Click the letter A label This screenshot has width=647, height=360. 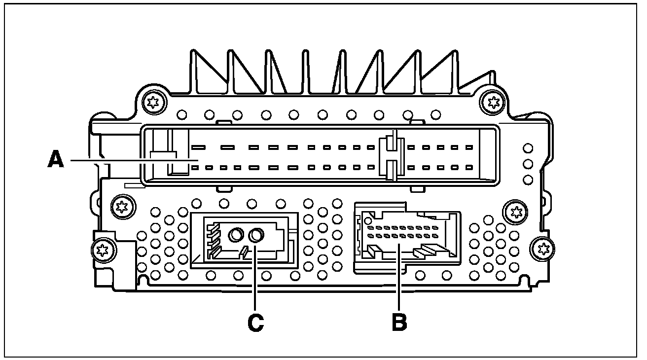click(56, 160)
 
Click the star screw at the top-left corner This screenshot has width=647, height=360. click(151, 102)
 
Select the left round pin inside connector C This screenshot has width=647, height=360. click(235, 235)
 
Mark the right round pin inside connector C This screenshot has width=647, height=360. click(256, 236)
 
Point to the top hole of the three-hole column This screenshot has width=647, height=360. click(528, 148)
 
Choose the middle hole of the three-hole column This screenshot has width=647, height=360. click(528, 163)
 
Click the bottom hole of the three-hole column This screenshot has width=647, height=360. click(528, 179)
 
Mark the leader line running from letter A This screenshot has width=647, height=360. click(133, 160)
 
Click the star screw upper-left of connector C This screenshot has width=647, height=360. click(120, 206)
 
